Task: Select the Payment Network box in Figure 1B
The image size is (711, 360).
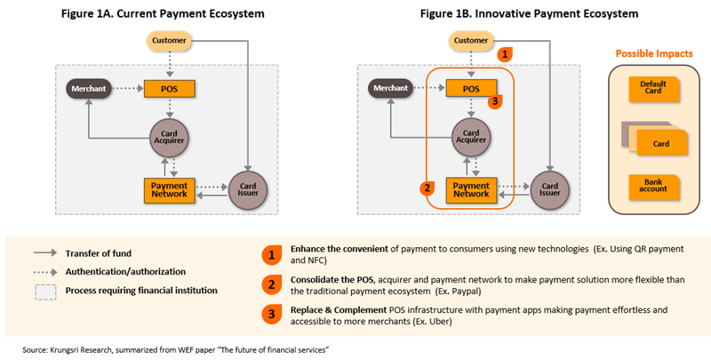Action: pos(470,188)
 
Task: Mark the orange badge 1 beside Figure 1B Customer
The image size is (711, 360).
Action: pos(506,53)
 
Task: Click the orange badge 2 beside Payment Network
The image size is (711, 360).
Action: pos(428,188)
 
